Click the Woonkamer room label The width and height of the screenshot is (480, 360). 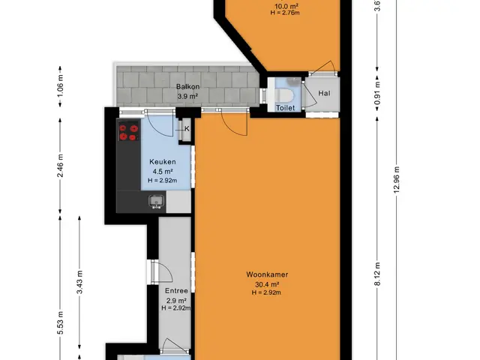267,274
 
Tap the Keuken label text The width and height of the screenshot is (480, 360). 163,162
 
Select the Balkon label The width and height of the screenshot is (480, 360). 187,87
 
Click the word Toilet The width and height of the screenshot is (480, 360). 285,108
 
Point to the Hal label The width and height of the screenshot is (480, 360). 324,93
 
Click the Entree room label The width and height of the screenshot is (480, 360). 176,290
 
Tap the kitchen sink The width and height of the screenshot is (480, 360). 157,202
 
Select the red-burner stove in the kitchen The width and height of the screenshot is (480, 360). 128,132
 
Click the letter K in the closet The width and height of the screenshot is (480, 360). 187,129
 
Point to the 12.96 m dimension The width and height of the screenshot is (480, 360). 397,180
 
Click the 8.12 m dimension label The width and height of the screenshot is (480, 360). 377,274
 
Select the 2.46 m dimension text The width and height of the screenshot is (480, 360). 60,166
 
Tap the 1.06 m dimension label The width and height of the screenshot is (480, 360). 60,86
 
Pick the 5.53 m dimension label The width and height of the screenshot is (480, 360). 60,322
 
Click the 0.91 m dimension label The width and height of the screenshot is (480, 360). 377,93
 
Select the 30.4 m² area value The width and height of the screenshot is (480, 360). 267,285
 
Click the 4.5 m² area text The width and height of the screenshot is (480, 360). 163,172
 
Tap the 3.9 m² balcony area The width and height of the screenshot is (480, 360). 187,97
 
